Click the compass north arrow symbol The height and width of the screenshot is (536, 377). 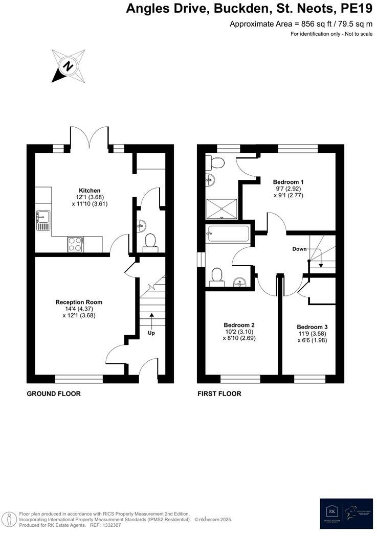(x=68, y=66)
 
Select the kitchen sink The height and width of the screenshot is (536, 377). (x=42, y=219)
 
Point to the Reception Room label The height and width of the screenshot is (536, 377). (x=79, y=302)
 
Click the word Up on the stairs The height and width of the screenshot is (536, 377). (x=151, y=333)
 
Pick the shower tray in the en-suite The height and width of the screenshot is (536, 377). (x=221, y=208)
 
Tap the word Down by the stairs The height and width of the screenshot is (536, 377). (x=299, y=249)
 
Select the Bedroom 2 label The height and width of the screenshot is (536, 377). (x=239, y=325)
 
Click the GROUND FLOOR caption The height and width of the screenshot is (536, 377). (x=54, y=394)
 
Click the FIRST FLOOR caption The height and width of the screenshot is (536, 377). (x=219, y=394)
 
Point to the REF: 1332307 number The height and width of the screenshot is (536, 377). (x=104, y=525)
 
